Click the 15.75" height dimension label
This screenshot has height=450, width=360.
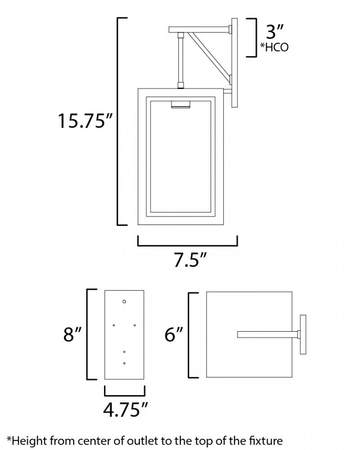(85, 121)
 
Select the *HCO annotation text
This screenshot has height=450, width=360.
(274, 47)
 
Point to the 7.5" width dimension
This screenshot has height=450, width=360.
(190, 260)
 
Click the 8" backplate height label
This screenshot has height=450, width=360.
(72, 334)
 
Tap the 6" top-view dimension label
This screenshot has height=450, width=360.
(174, 334)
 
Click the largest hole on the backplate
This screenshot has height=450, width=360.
(124, 301)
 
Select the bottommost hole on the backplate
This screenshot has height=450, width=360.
(124, 363)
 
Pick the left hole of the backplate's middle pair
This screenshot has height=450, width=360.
(114, 325)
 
